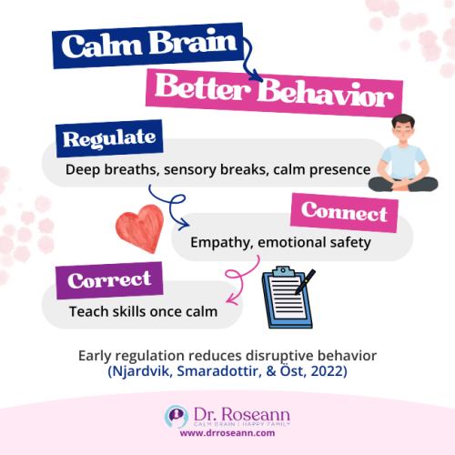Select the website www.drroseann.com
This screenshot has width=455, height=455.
pyautogui.click(x=227, y=434)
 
